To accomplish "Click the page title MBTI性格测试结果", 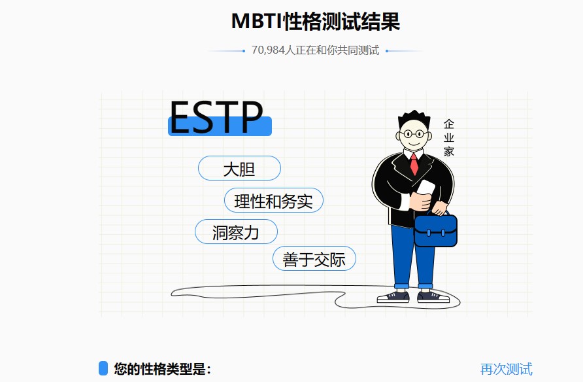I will coord(315,22).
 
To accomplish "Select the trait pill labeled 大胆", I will coord(239,169).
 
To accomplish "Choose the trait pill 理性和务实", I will coord(273,201).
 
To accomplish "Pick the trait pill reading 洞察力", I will coord(236,232).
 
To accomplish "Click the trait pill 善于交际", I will coord(314,259).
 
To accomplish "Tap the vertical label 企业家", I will coord(448,137).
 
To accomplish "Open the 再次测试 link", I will coord(506,369).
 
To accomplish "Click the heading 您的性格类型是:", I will coord(162,369).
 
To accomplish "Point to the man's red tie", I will coord(414,164).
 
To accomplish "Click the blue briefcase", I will coord(435,231).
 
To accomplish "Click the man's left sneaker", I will coord(393,297).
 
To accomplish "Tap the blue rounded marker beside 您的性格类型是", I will coord(103,368).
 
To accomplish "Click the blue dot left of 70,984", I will coord(243,50).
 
